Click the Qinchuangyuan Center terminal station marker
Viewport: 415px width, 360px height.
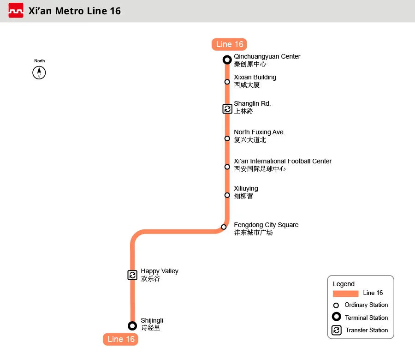(227, 60)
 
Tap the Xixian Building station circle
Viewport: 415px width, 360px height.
(227, 82)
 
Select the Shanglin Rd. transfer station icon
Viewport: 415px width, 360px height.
(227, 109)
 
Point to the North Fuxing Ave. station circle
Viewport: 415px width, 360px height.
(227, 138)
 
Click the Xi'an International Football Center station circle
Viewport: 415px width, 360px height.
(227, 167)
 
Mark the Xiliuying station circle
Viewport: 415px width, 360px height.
(227, 195)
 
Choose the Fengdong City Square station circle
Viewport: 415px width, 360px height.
(224, 227)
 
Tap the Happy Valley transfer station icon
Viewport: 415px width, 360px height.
(132, 275)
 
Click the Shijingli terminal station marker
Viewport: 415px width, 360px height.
(132, 326)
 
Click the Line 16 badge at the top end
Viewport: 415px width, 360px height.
(230, 44)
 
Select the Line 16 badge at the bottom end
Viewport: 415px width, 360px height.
(121, 339)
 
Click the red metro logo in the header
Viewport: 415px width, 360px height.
(16, 11)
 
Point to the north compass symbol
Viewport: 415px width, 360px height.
(39, 72)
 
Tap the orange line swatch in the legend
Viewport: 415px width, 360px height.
(345, 294)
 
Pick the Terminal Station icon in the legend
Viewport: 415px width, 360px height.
(337, 317)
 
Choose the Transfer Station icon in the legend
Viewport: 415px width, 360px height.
(337, 330)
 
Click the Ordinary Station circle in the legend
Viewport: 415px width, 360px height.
(336, 305)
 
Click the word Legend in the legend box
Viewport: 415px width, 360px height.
(344, 284)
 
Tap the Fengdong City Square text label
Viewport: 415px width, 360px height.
(266, 225)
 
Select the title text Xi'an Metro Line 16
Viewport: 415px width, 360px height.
(74, 11)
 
